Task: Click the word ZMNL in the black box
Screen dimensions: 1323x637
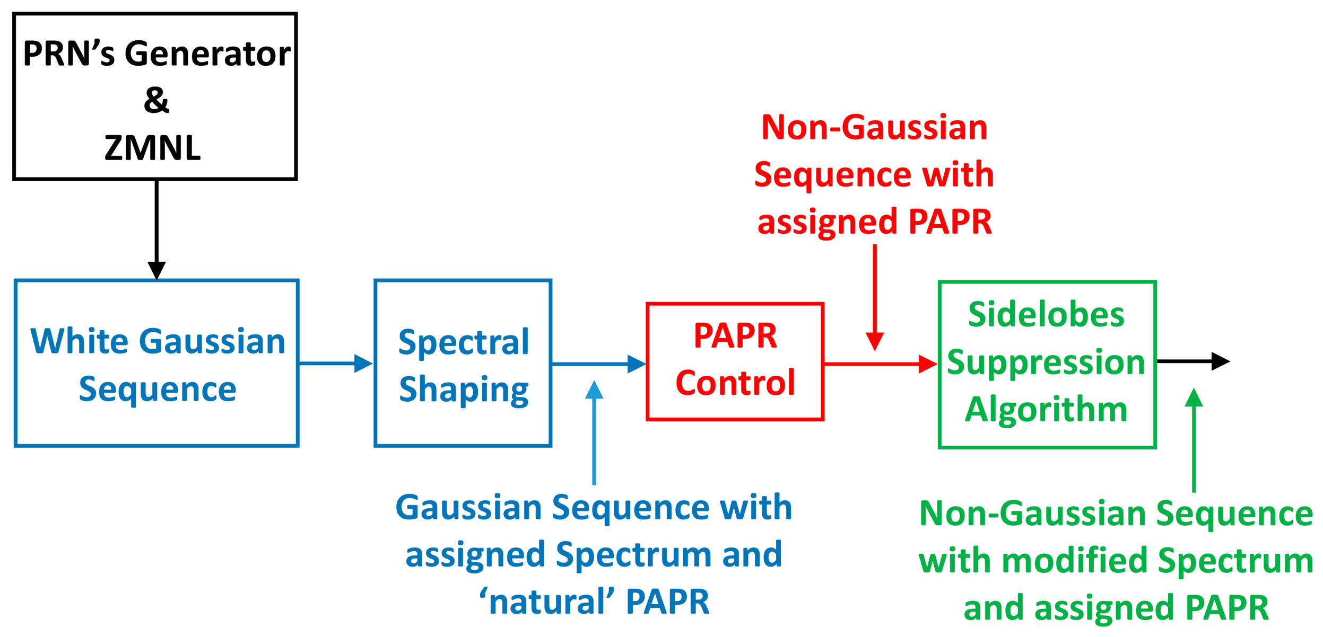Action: [152, 147]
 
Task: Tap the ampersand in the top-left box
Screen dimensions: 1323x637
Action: [156, 100]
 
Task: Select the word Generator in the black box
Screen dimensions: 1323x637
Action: [207, 54]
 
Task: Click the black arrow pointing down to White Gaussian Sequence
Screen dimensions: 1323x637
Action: [156, 230]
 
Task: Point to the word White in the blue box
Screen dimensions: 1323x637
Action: [79, 341]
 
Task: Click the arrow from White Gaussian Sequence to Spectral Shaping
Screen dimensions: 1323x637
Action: [336, 364]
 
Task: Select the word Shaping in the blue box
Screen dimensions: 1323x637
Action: [464, 391]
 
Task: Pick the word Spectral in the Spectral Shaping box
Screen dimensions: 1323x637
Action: [464, 342]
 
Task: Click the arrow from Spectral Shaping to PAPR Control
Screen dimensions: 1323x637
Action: [599, 364]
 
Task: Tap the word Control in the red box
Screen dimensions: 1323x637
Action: [735, 383]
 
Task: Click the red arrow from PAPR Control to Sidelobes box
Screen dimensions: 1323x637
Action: [881, 364]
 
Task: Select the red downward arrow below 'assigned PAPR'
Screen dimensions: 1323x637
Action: [875, 297]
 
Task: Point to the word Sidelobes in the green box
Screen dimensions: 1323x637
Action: [1046, 314]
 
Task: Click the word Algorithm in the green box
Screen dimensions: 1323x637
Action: [1046, 410]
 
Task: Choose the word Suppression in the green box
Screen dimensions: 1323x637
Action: [1046, 363]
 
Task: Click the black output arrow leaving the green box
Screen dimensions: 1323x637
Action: [1193, 361]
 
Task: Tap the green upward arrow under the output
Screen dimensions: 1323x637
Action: [1194, 440]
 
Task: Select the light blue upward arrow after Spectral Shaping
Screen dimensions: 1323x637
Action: [594, 432]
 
